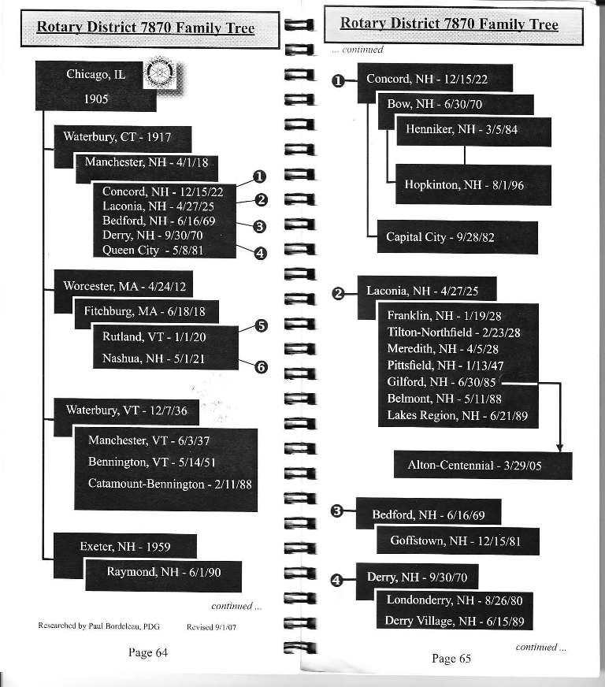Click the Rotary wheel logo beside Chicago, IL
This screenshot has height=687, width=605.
tap(159, 72)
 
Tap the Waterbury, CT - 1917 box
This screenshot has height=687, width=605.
tap(123, 139)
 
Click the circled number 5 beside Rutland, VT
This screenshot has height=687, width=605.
tap(261, 326)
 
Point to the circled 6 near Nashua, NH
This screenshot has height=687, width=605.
tap(261, 366)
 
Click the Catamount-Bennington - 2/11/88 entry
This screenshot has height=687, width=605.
tap(170, 485)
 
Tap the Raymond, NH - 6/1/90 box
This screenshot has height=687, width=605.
tap(163, 576)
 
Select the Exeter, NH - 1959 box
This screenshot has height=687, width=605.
tap(124, 546)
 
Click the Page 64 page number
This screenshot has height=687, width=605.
tap(148, 652)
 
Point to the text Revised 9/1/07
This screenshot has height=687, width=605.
tap(211, 627)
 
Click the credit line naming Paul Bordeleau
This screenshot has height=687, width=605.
tap(99, 626)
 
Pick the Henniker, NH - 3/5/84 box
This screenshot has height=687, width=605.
tap(473, 131)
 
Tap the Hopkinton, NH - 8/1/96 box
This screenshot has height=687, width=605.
tap(473, 184)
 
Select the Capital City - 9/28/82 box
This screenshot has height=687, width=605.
tap(458, 237)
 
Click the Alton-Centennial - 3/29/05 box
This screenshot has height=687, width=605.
tap(483, 466)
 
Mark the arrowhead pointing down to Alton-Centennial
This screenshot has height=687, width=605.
tap(559, 447)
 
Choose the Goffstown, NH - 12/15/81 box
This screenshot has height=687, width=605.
tap(458, 541)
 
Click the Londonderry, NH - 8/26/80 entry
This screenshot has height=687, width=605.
tap(455, 600)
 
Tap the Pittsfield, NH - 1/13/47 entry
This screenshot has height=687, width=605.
tap(445, 366)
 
